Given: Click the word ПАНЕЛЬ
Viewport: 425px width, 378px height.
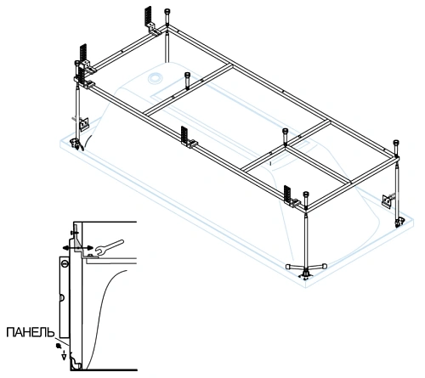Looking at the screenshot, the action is (x=31, y=332).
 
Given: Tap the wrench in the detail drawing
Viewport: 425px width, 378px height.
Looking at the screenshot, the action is (x=110, y=247).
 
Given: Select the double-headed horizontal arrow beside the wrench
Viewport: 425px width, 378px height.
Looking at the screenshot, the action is (x=78, y=248).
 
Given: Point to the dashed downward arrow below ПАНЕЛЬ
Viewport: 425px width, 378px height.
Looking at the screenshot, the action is (x=64, y=355).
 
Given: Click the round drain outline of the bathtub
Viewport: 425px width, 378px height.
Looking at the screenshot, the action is (x=155, y=78).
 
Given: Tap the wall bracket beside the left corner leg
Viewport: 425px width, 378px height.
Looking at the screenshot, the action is (x=83, y=124).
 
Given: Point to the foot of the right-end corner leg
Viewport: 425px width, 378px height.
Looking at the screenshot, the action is (x=399, y=222).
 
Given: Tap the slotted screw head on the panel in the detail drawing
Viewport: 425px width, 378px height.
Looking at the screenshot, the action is (x=65, y=264).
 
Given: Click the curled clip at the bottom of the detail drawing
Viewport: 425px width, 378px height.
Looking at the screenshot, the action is (x=75, y=363).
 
